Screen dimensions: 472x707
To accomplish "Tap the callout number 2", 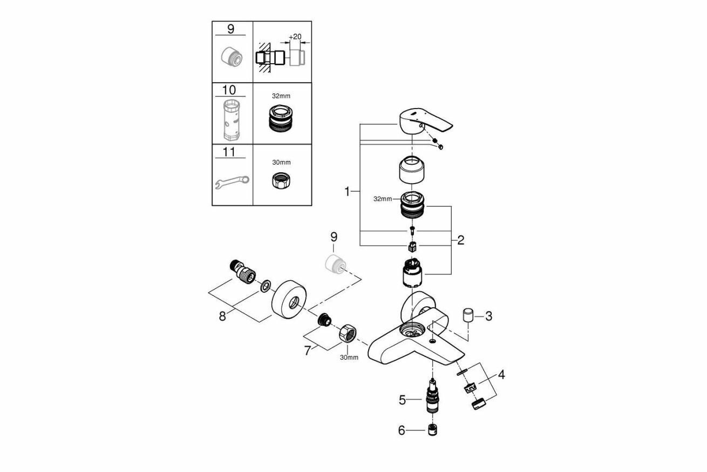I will click(x=460, y=240).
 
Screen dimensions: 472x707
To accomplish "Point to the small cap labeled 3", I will click(x=468, y=315).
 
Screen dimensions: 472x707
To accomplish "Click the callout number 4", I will click(x=501, y=374).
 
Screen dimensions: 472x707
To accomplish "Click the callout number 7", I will click(x=308, y=350).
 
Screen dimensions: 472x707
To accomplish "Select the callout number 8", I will click(x=222, y=316).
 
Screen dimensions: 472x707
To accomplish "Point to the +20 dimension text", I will click(x=295, y=37).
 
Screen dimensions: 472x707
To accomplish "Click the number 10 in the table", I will click(x=229, y=90).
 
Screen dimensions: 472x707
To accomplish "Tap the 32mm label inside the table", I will click(x=281, y=96).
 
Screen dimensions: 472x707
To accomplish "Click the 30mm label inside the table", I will click(x=281, y=162).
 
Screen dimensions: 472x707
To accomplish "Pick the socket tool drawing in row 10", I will click(x=231, y=118).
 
